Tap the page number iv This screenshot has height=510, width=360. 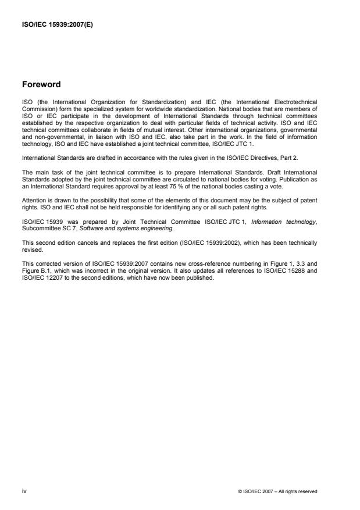click(24, 491)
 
